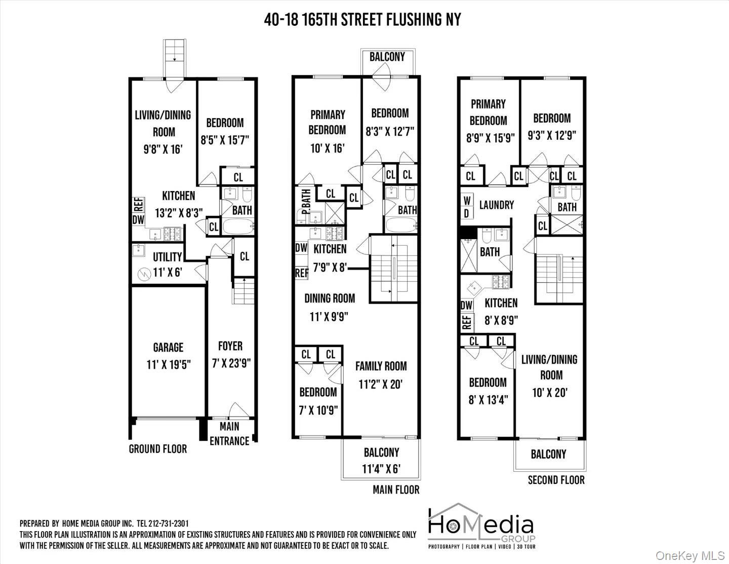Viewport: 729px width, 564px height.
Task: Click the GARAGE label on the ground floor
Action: pos(168,348)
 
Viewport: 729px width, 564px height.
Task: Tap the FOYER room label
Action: pos(230,346)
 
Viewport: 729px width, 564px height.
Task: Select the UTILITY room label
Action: pos(167,257)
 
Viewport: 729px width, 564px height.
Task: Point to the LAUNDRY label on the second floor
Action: pos(496,205)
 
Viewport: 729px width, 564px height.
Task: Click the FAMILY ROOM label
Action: pos(381,366)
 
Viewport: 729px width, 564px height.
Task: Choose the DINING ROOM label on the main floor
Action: pos(330,298)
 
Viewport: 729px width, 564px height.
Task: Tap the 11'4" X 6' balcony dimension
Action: pos(381,469)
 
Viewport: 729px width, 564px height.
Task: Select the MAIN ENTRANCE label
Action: pos(229,434)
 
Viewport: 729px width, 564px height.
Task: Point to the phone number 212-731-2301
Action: pos(165,523)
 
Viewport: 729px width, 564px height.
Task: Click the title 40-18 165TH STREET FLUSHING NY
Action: pos(362,20)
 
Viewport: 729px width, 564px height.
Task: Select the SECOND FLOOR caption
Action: pos(556,480)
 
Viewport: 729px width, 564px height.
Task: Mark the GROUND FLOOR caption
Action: pos(157,449)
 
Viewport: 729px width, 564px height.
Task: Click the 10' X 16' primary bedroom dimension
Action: pos(327,148)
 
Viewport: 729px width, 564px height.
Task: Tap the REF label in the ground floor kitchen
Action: pos(138,205)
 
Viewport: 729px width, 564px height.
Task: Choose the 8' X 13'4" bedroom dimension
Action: pos(488,400)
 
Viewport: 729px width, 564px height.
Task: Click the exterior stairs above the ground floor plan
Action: pos(174,57)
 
